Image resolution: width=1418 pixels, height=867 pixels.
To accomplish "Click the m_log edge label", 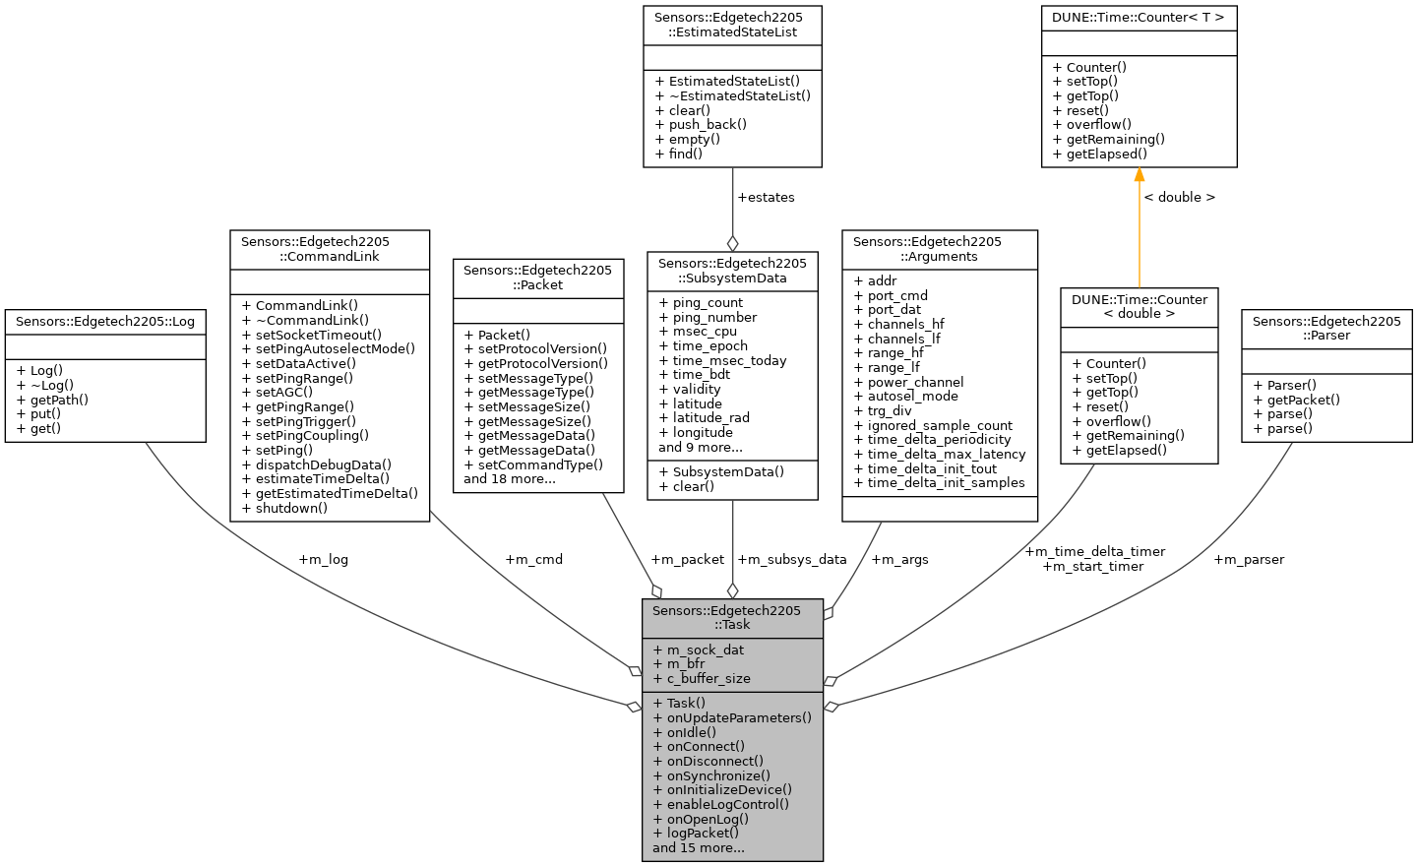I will pyautogui.click(x=323, y=560).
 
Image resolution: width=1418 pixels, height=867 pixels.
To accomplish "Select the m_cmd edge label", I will pyautogui.click(x=533, y=560).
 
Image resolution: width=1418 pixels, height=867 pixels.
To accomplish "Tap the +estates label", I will pyautogui.click(x=766, y=198).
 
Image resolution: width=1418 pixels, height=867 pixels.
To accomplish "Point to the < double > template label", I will pyautogui.click(x=1179, y=198).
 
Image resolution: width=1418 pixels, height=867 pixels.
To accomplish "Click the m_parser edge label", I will pyautogui.click(x=1248, y=560).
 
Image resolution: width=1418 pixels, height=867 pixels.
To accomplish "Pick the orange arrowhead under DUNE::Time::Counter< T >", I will pyautogui.click(x=1140, y=175).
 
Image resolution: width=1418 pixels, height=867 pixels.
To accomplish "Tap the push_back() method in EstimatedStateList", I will pyautogui.click(x=708, y=125).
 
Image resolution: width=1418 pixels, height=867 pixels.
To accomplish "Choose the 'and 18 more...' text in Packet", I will pyautogui.click(x=509, y=479).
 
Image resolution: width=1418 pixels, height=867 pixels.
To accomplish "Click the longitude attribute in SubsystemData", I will pyautogui.click(x=703, y=433).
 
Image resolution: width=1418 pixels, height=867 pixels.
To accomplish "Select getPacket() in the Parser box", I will pyautogui.click(x=1303, y=400).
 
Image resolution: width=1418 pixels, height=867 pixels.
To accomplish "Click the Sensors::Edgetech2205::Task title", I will pyautogui.click(x=732, y=617).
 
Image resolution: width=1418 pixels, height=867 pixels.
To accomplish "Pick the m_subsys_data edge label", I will pyautogui.click(x=791, y=560).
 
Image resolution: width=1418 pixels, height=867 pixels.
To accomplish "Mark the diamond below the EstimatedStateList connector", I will pyautogui.click(x=732, y=243).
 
